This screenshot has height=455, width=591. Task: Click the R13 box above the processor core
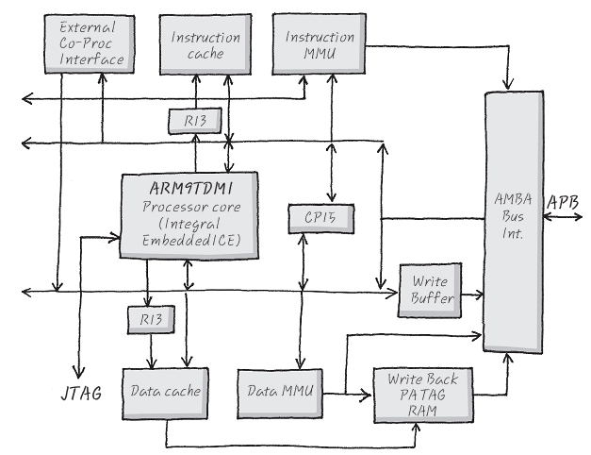[x=194, y=121]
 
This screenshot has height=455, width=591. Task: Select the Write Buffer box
[x=430, y=290]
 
